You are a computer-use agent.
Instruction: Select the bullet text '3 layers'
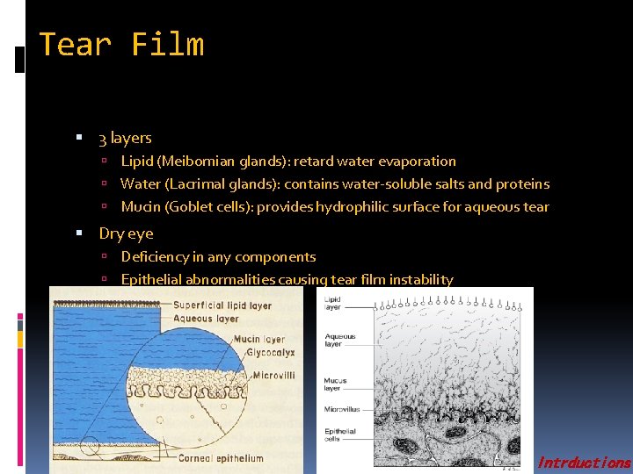(125, 138)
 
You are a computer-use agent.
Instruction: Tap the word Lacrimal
(203, 184)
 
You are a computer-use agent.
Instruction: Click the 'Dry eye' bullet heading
(126, 233)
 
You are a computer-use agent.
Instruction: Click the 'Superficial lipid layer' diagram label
(222, 305)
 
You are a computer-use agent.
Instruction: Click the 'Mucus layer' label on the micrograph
(336, 384)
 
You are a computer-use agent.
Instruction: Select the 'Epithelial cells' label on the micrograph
(339, 435)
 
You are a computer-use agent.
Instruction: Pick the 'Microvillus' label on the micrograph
(342, 409)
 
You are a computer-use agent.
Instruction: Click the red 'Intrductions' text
(583, 463)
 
